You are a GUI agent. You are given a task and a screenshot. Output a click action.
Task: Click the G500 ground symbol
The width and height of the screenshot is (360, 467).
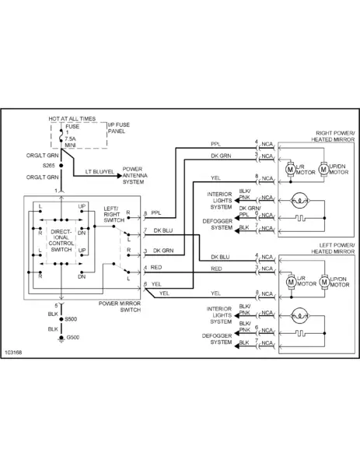[x=61, y=339]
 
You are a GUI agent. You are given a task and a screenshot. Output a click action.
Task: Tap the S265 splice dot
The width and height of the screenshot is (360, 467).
[x=61, y=166]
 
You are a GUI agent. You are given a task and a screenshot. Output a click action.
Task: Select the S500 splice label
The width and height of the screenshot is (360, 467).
[x=71, y=319]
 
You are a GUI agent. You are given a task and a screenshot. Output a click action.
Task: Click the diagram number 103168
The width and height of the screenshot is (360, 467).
[x=13, y=353]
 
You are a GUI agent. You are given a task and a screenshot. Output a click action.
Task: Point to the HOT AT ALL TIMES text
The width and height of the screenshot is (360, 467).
[x=72, y=118]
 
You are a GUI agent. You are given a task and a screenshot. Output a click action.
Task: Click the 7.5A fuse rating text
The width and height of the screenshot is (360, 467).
[x=70, y=139]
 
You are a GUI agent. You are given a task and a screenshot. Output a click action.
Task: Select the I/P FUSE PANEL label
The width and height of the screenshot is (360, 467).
[x=119, y=128]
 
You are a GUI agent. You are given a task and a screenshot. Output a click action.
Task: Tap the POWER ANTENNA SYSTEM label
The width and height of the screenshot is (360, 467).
[x=135, y=175]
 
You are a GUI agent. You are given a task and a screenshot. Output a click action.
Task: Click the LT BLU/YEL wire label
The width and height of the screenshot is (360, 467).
[x=100, y=172]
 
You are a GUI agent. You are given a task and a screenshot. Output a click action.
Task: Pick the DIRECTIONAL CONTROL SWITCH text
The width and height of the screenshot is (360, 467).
[x=61, y=241]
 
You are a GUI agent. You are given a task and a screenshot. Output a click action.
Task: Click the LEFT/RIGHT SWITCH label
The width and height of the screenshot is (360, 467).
[x=114, y=215]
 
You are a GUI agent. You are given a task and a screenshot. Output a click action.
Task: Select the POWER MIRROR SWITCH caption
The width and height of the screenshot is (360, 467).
[x=120, y=307]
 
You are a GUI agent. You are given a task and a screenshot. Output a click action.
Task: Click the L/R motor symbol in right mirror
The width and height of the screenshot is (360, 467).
[x=290, y=170]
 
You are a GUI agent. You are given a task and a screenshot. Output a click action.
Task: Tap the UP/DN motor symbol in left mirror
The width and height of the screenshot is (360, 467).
[x=324, y=282]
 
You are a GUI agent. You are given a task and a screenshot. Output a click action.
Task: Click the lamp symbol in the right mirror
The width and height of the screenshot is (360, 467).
[x=299, y=201]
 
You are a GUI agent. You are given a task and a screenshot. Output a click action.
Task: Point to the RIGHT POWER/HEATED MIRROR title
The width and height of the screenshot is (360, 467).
[x=333, y=136]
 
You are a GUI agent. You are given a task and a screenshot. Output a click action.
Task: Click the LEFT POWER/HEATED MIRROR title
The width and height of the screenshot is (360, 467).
[x=333, y=248]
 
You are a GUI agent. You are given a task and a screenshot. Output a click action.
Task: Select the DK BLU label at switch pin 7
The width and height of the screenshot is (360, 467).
[x=163, y=230]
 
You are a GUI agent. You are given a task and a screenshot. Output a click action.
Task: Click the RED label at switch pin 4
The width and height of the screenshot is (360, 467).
[x=156, y=268]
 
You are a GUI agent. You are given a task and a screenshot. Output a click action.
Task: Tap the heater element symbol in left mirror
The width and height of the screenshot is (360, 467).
[x=300, y=333]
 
